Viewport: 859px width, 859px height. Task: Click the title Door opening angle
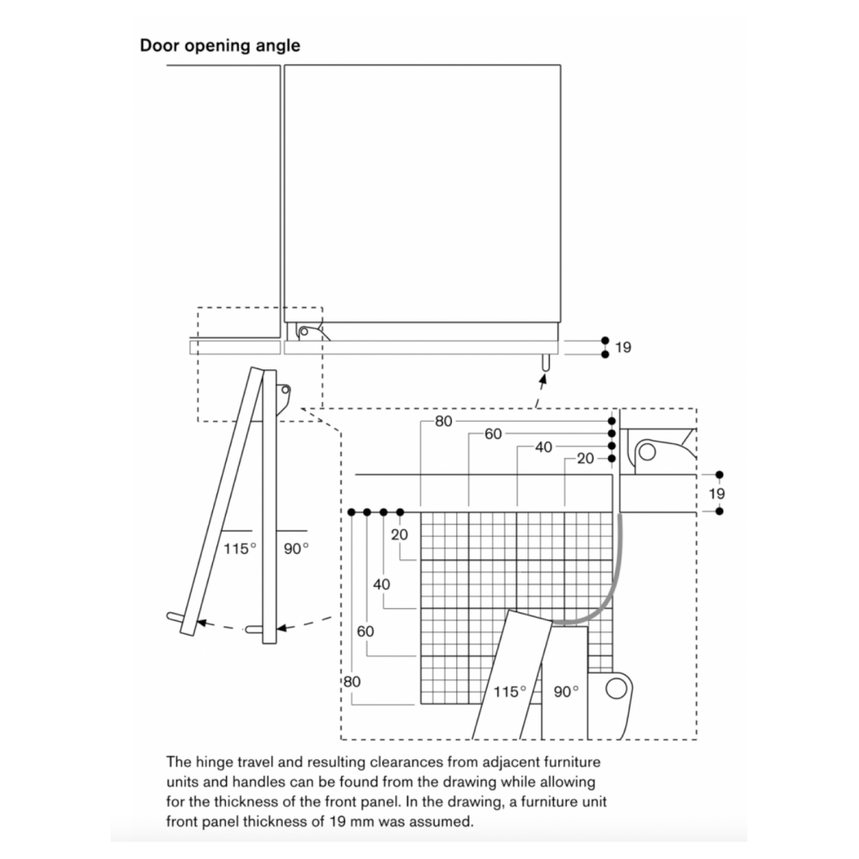(220, 46)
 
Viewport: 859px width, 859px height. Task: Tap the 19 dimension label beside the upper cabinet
(623, 347)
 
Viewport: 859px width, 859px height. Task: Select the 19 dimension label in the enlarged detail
(716, 494)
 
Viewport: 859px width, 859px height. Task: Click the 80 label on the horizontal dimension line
(444, 421)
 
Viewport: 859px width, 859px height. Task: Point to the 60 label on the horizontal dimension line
(493, 434)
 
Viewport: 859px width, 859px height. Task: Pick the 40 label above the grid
(544, 447)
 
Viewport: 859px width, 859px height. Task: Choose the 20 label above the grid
(585, 459)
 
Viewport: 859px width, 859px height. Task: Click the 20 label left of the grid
(399, 534)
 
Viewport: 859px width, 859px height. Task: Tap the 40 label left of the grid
(382, 584)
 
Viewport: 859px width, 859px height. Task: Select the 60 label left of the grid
(365, 631)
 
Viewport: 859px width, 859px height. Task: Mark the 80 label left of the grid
(352, 681)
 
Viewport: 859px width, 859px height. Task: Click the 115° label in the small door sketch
(240, 548)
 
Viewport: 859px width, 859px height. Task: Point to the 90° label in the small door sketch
(295, 548)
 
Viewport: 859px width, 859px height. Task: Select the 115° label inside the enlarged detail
(509, 691)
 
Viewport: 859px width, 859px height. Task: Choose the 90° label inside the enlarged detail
(566, 691)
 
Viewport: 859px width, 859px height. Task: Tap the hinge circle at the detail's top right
(647, 453)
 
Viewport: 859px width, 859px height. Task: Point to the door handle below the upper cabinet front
(545, 362)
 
